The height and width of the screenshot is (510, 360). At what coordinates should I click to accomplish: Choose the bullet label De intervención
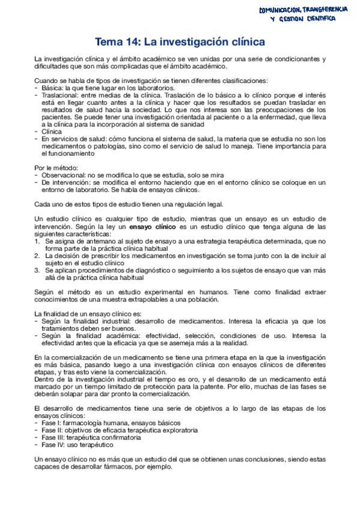coord(64,182)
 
